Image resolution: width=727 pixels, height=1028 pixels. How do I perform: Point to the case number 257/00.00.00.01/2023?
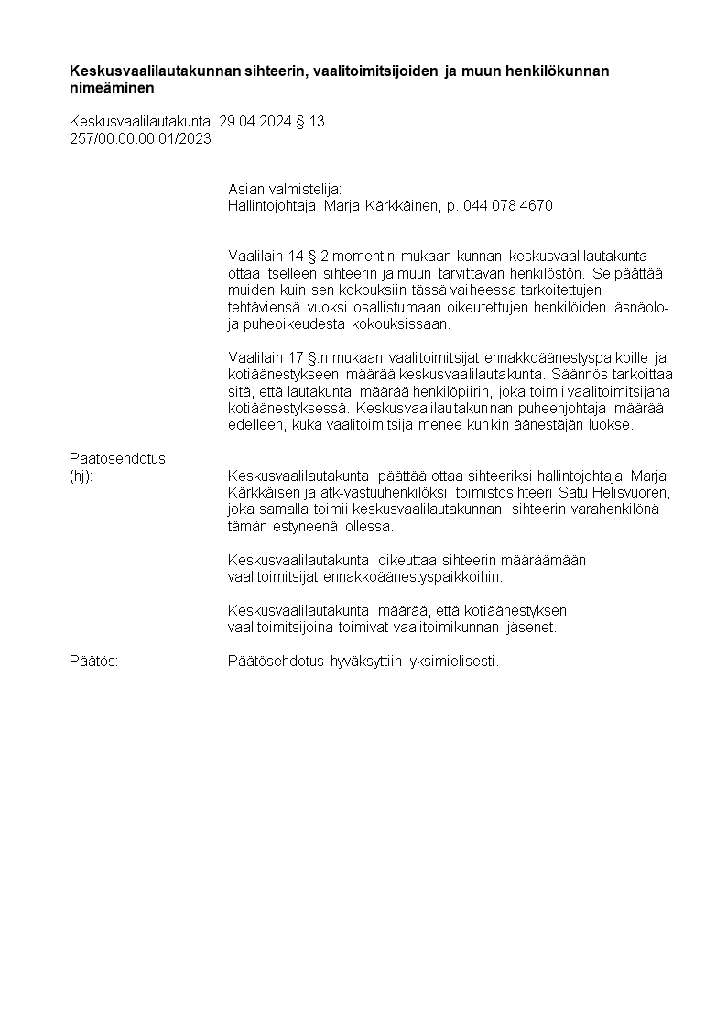pyautogui.click(x=140, y=138)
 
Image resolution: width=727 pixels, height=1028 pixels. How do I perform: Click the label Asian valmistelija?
pyautogui.click(x=284, y=190)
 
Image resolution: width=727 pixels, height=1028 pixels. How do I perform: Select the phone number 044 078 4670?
pyautogui.click(x=508, y=206)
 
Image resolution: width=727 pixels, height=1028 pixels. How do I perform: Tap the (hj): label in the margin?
pyautogui.click(x=81, y=476)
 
